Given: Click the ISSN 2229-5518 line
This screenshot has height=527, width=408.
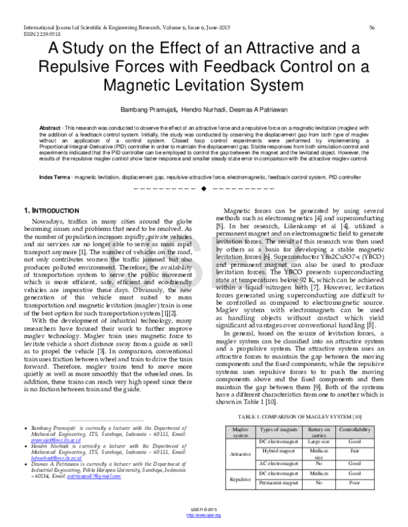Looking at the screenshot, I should pos(22,33).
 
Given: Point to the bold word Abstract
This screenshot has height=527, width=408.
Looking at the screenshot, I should pos(50,127).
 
